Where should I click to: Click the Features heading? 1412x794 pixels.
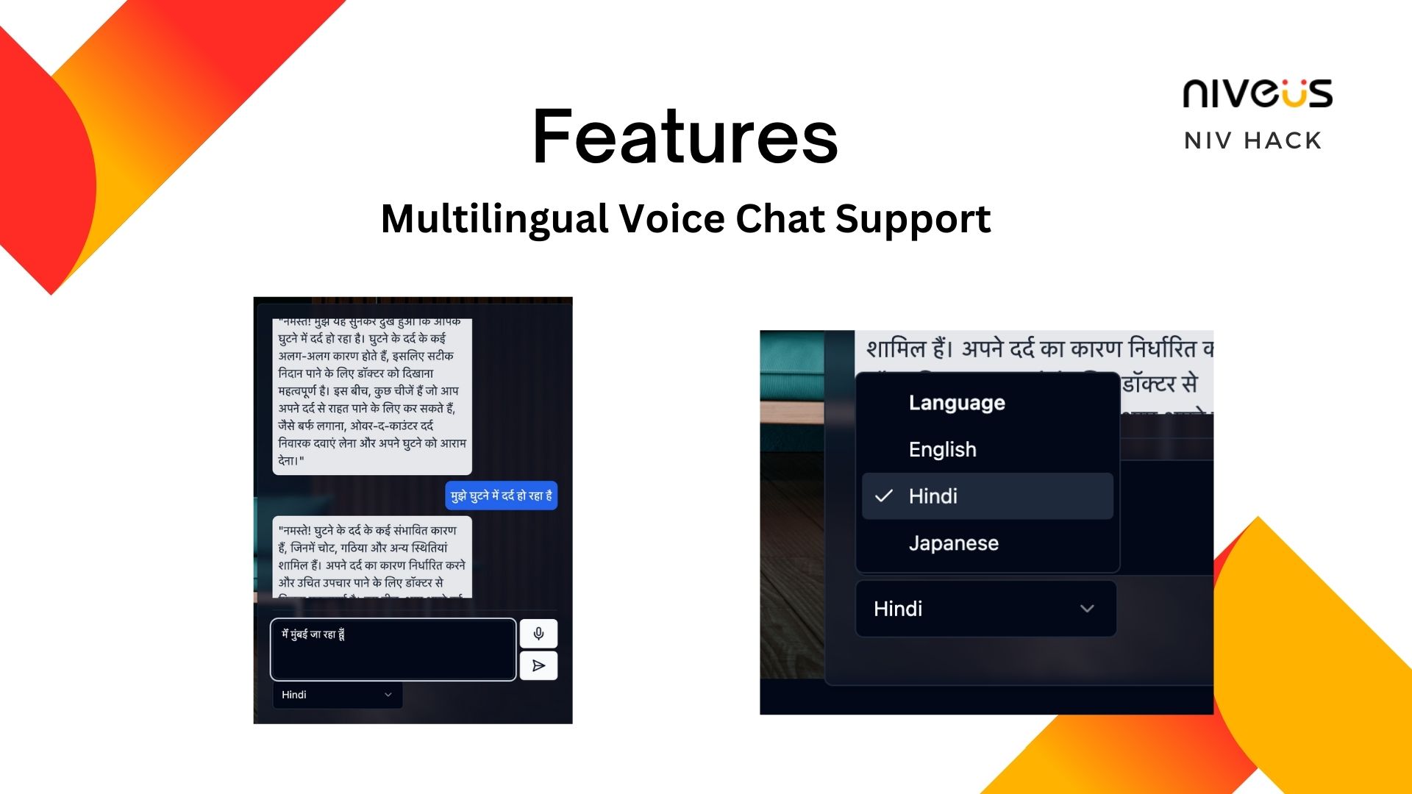click(x=685, y=137)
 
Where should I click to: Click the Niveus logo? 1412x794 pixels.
click(x=1257, y=94)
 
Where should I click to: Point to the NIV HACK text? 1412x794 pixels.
click(x=1252, y=140)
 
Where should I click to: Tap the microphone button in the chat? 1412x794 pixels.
click(x=538, y=634)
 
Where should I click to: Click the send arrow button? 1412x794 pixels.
click(x=538, y=666)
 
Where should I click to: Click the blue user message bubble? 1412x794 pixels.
click(x=501, y=496)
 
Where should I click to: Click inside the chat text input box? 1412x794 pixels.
click(x=393, y=650)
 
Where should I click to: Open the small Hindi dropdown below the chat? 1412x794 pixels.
click(x=337, y=695)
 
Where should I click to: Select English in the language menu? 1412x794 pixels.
click(x=942, y=449)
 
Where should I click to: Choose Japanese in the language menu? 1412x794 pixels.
click(x=953, y=543)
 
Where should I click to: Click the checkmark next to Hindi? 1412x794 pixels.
click(x=884, y=496)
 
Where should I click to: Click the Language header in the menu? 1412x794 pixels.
click(x=956, y=403)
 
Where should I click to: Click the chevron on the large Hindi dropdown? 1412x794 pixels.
click(x=1087, y=609)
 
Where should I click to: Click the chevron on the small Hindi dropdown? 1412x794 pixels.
click(x=388, y=695)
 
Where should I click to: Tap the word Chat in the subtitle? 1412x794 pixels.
click(x=780, y=219)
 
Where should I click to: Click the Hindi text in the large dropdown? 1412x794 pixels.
click(x=897, y=609)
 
